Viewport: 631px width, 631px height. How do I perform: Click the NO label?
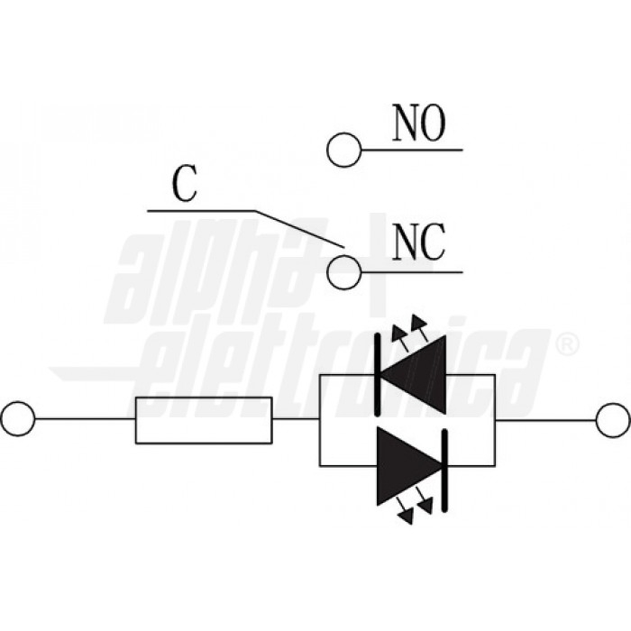419,124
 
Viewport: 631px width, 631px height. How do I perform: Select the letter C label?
185,185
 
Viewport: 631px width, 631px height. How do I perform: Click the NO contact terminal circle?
343,150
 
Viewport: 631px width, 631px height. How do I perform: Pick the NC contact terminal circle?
343,271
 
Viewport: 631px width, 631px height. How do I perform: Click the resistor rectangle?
204,419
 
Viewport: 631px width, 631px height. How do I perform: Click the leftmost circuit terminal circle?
17,419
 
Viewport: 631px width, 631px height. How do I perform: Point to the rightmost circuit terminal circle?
614,419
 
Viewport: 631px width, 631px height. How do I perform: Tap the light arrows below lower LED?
416,515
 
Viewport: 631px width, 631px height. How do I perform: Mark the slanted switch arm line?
297,228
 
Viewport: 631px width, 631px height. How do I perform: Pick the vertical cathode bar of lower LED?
444,466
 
